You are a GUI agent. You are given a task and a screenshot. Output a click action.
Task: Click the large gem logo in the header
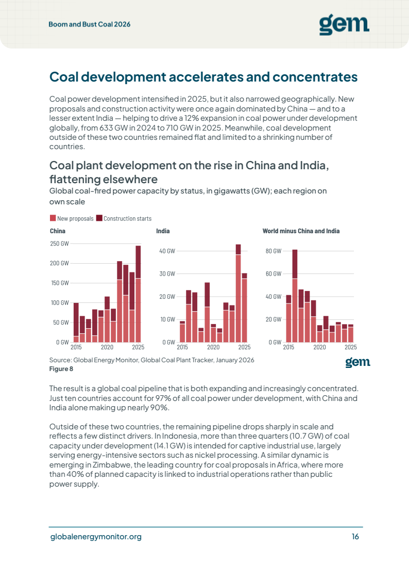coord(344,25)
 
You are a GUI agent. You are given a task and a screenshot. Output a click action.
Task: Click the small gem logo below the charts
coord(358,362)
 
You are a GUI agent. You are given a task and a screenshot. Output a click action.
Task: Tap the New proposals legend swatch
coord(53,218)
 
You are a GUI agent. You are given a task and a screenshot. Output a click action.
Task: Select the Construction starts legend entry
coord(124,218)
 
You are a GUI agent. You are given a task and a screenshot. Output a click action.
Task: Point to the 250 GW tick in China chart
coord(59,244)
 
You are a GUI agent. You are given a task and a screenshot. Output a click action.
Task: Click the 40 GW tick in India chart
coord(167,251)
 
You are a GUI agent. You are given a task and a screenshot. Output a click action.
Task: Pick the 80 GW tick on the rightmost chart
coord(274,251)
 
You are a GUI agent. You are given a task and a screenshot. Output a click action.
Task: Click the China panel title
coord(58,231)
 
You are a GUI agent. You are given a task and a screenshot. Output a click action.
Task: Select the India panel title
coord(163,231)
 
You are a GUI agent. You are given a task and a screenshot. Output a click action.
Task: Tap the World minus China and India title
coord(301,231)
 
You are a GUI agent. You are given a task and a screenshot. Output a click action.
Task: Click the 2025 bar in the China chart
coord(138,294)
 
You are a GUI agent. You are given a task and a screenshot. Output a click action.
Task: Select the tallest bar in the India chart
coord(238,293)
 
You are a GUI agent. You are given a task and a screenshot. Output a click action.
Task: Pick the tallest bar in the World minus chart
coord(295,296)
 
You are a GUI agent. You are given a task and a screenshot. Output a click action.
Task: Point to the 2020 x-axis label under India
coord(213,347)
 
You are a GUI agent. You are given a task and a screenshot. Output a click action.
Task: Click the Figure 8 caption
coord(61,369)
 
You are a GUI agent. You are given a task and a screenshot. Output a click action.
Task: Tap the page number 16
coord(355,537)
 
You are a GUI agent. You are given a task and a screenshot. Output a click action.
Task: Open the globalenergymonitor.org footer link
coord(96,537)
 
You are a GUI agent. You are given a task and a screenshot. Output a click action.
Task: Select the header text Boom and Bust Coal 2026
coord(90,24)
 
